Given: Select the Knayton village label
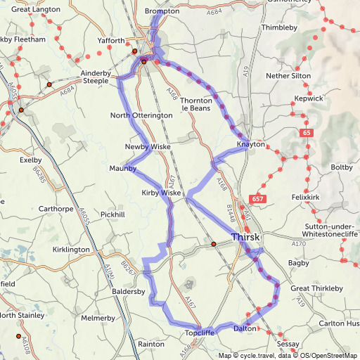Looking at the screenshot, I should pyautogui.click(x=251, y=144).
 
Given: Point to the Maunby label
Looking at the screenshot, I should pyautogui.click(x=122, y=169).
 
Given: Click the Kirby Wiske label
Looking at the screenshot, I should pyautogui.click(x=162, y=193).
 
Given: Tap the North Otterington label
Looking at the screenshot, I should pyautogui.click(x=141, y=115).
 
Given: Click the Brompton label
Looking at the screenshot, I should pyautogui.click(x=162, y=12).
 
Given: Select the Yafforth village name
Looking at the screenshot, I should pyautogui.click(x=111, y=41).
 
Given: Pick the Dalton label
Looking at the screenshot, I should pyautogui.click(x=243, y=328).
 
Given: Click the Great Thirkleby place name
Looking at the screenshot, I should pyautogui.click(x=316, y=288).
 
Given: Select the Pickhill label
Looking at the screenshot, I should pyautogui.click(x=112, y=214).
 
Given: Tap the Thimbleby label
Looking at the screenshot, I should pyautogui.click(x=281, y=27).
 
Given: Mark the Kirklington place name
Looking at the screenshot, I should pyautogui.click(x=70, y=250).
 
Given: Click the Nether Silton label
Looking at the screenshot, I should pyautogui.click(x=288, y=75).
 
